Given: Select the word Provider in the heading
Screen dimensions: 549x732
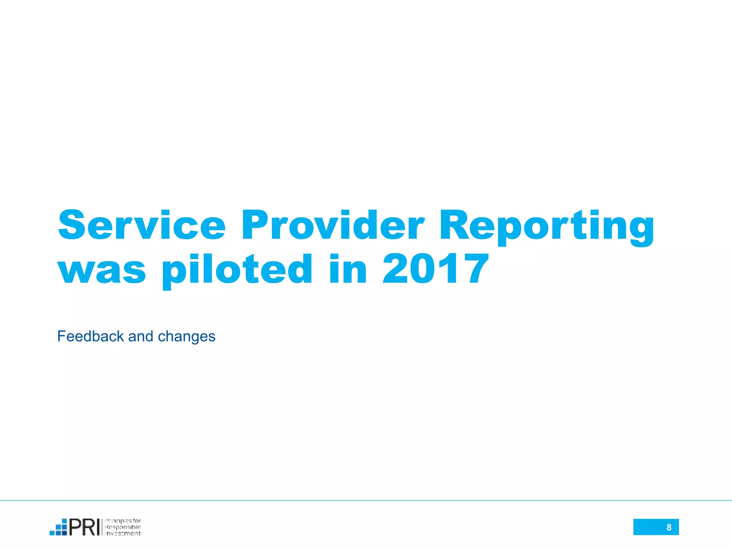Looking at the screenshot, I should [333, 225].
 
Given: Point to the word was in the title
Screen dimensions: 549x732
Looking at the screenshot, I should [102, 270].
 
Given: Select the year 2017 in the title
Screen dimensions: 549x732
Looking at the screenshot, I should [435, 269].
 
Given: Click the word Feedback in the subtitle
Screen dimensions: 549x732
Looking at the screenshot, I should [90, 336].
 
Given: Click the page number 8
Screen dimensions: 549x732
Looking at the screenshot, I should [669, 527].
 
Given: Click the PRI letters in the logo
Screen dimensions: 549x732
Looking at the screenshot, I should [84, 527].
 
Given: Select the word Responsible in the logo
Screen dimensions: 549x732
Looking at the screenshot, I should [123, 527].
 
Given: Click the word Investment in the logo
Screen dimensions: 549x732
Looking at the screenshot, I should [123, 534].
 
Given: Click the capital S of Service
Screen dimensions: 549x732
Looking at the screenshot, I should [71, 225].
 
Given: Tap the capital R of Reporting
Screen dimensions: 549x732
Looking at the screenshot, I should [454, 225].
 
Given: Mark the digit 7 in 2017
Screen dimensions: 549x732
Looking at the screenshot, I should [474, 269].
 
